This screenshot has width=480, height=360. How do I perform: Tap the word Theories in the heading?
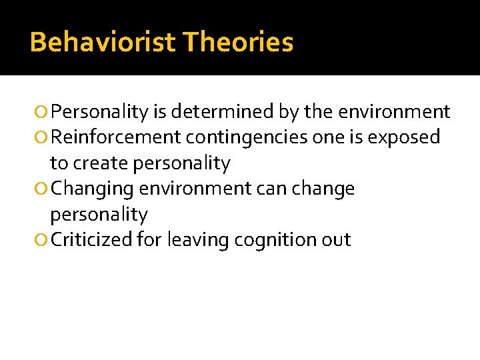pos(238,42)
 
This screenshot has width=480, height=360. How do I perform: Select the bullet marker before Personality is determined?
pos(43,112)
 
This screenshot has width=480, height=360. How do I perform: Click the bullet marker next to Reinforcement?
pos(43,138)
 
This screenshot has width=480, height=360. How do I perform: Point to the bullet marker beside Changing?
pos(43,189)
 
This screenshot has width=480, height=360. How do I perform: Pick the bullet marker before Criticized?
pos(43,241)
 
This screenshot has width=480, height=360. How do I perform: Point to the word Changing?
pos(93,189)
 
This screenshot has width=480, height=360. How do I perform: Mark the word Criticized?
pos(91,240)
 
